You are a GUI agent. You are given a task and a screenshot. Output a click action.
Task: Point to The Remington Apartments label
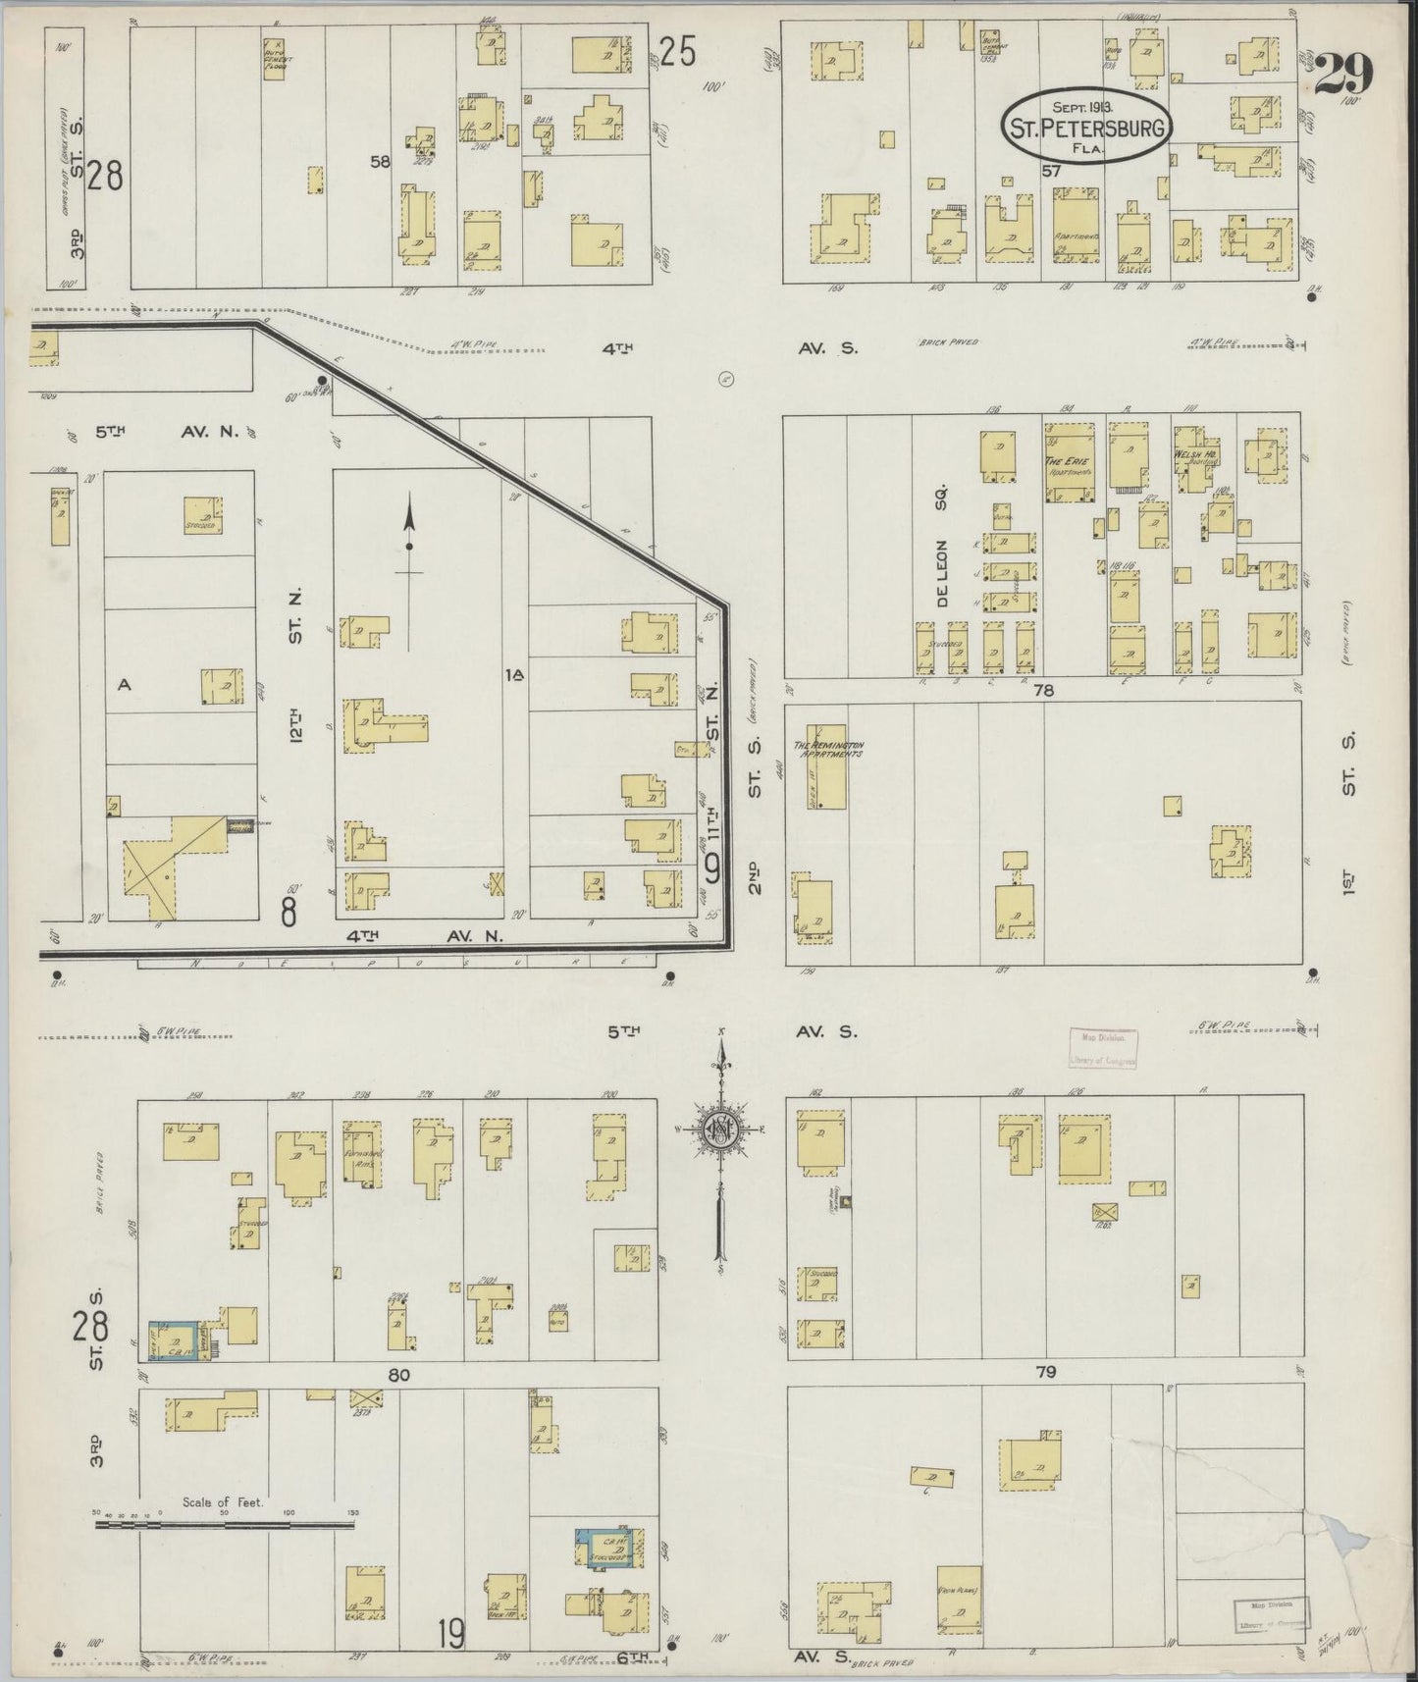(x=833, y=751)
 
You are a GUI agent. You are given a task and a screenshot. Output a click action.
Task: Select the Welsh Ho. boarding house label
(x=1191, y=456)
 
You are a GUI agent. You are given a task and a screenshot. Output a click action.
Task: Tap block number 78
(x=1043, y=690)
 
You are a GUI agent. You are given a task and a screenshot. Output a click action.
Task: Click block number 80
(x=398, y=1375)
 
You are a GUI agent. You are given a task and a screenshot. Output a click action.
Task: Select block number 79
(x=1045, y=1372)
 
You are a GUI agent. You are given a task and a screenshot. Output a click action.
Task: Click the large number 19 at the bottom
(x=451, y=1634)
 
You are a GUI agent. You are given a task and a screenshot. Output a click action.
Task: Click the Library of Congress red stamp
(x=1102, y=1048)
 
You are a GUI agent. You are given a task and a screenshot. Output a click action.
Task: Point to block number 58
(x=381, y=162)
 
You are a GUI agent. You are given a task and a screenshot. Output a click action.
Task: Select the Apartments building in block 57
(x=1077, y=225)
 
